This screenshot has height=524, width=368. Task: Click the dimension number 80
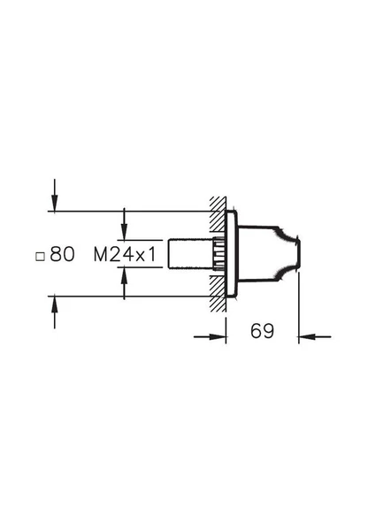pyautogui.click(x=62, y=254)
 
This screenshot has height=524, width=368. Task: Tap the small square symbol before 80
pyautogui.click(x=40, y=257)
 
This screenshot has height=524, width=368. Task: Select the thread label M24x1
pyautogui.click(x=125, y=255)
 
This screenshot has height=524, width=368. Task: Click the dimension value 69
pyautogui.click(x=262, y=331)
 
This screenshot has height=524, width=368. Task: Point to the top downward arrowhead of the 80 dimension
pyautogui.click(x=55, y=204)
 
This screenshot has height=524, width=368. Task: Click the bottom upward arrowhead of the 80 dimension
pyautogui.click(x=55, y=304)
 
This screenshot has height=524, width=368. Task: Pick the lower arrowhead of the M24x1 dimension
pyautogui.click(x=124, y=275)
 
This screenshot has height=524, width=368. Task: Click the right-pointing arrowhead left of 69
pyautogui.click(x=218, y=337)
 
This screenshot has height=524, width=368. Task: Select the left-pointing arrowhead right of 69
pyautogui.click(x=307, y=337)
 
